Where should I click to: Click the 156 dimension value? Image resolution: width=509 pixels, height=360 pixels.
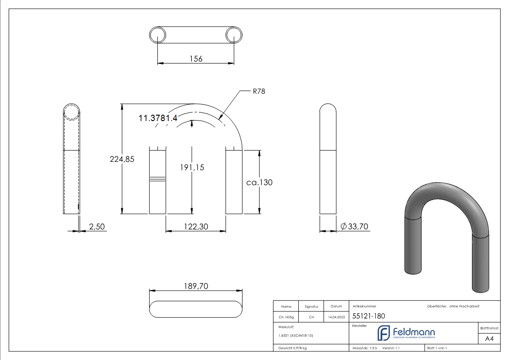tap(196, 58)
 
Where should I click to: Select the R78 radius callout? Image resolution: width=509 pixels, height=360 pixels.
tap(259, 91)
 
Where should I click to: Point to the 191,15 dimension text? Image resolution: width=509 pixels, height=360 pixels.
tap(192, 167)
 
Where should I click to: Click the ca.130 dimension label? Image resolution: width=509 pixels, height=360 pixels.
tap(259, 182)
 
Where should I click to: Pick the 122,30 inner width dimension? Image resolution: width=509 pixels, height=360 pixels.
tap(195, 226)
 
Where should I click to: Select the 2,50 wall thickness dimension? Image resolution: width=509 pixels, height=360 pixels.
tap(97, 226)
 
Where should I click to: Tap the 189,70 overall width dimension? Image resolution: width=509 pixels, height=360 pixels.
tap(195, 286)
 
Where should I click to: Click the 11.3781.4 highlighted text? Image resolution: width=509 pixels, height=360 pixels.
tap(158, 118)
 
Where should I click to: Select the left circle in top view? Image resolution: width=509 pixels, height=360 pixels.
tap(157, 35)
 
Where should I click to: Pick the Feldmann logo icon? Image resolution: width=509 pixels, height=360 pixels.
tap(383, 333)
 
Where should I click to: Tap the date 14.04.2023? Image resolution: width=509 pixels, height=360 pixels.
tap(336, 317)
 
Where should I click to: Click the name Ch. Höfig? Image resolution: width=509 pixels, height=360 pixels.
tap(286, 317)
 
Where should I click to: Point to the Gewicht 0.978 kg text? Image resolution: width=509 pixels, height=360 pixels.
tap(293, 348)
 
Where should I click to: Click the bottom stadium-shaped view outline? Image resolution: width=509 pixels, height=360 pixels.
tap(195, 309)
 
